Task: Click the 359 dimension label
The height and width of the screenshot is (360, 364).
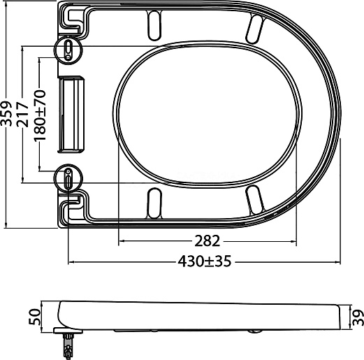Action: tap(6, 114)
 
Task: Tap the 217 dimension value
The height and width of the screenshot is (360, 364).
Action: tap(22, 114)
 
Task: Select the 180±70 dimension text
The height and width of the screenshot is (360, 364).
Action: tap(40, 115)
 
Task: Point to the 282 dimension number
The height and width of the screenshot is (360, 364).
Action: tap(207, 241)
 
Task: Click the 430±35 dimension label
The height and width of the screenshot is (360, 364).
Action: tap(205, 261)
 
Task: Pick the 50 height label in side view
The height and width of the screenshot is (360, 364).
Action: tap(34, 317)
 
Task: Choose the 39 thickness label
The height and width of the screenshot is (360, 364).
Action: tap(358, 317)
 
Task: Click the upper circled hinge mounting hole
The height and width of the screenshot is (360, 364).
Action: tap(68, 50)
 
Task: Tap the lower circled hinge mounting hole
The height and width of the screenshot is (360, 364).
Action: tap(68, 178)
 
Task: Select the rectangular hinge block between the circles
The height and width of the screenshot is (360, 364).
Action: tap(71, 115)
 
